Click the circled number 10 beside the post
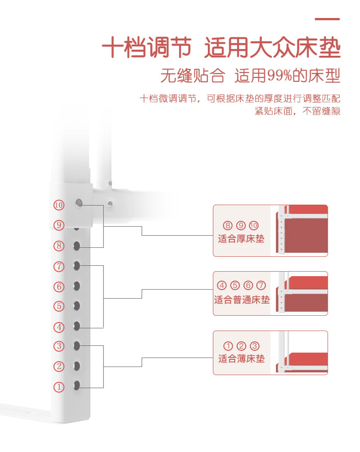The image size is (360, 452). pos(59,205)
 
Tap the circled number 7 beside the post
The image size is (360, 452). pos(59,266)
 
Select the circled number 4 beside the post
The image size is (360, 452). pos(59,327)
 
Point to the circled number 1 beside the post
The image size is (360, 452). pos(59,387)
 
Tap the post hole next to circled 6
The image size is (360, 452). pos(77,286)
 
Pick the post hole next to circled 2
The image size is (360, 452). pos(77,366)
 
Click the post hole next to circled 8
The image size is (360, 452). pos(77,246)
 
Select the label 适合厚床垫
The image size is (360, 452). pos(241,239)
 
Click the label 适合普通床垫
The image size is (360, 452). pos(241,300)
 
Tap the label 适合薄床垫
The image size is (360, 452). pos(241,358)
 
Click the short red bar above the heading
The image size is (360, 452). pos(327,19)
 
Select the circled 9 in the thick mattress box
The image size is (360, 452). pos(241,226)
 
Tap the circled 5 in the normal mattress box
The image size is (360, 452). pos(235,286)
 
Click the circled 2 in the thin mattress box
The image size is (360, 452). pos(241,346)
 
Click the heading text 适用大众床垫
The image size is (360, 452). pos(272,48)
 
